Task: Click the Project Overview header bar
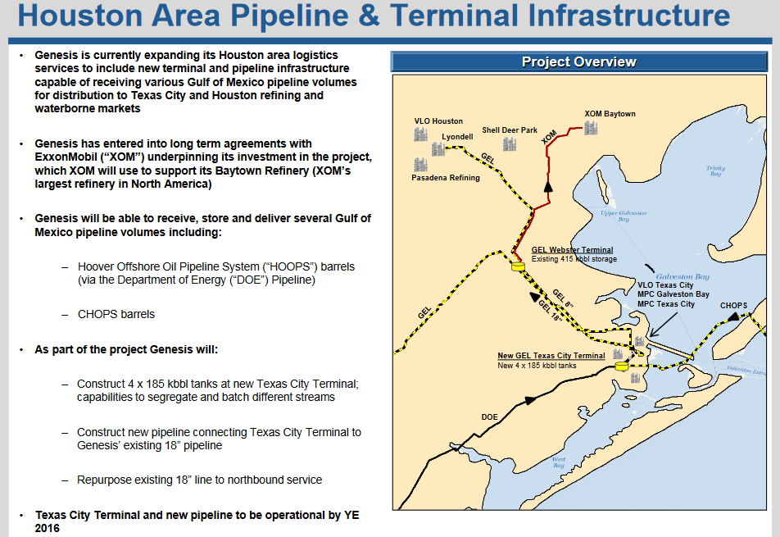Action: coord(578,61)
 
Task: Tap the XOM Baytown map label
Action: coord(610,114)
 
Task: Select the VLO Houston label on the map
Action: coord(438,121)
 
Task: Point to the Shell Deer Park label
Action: coord(510,130)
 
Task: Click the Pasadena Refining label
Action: coord(446,177)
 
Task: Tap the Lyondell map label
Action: coord(457,136)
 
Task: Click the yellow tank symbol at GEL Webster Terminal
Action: coord(518,266)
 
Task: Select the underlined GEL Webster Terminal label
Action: coord(572,250)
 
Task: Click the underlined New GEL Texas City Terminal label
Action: coord(551,356)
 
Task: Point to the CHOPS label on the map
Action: coord(733,306)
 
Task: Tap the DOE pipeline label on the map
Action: coord(489,416)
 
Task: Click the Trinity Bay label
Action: coord(715,171)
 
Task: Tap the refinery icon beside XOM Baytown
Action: coord(590,128)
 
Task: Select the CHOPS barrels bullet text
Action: coord(116,314)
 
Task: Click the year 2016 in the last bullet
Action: coord(48,529)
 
